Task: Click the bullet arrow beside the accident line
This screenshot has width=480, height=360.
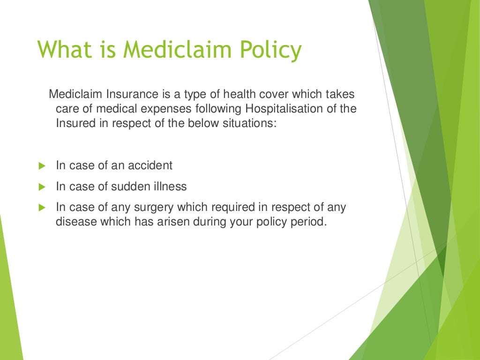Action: tap(41, 165)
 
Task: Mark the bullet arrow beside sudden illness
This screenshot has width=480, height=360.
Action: tap(41, 187)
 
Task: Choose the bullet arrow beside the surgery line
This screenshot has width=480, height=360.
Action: tap(41, 207)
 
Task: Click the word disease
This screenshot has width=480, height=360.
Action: tap(75, 221)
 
